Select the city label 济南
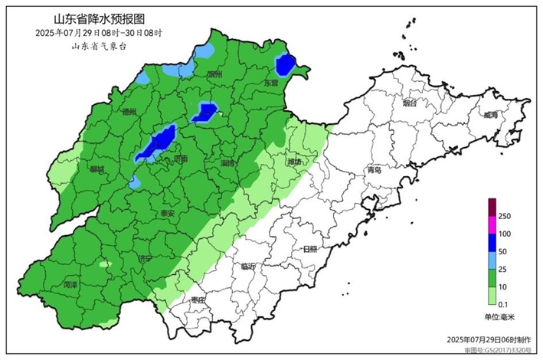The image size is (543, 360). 181,159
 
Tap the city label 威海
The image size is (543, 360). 489,116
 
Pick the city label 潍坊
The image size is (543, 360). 295,162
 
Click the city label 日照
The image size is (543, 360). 310,249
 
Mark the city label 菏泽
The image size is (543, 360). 71,284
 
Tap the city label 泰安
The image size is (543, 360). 168,213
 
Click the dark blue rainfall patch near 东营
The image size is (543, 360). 286,65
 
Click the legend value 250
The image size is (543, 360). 504,217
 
